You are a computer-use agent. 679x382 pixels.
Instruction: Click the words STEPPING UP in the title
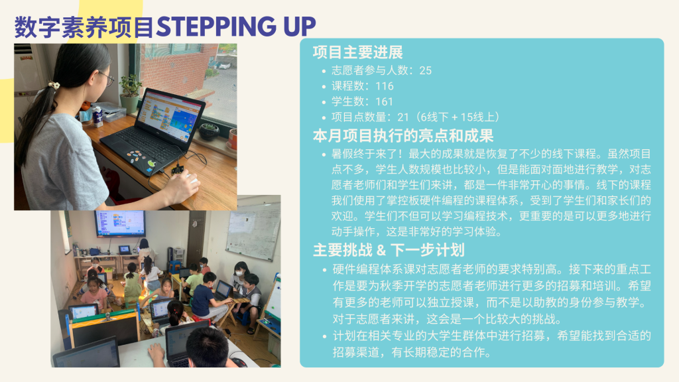[x=236, y=27]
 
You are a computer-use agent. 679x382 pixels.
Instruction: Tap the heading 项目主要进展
[x=357, y=52]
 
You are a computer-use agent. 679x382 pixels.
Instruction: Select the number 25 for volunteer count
[x=425, y=70]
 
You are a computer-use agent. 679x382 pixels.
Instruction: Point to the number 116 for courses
[x=385, y=86]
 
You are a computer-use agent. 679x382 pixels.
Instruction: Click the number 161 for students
[x=384, y=101]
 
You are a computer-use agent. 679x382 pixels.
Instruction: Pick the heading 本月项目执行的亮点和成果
[x=403, y=136]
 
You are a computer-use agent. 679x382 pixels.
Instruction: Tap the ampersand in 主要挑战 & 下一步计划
[x=381, y=250]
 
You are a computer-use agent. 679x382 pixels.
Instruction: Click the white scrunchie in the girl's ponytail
[x=53, y=85]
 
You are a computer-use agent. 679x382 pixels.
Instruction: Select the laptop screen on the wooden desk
[x=173, y=115]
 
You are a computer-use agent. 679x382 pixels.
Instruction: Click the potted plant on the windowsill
[x=131, y=93]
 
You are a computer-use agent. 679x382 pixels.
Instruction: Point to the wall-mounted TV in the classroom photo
[x=121, y=223]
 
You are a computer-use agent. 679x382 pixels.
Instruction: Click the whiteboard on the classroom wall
[x=253, y=231]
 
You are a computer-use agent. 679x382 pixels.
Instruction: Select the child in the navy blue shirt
[x=206, y=296]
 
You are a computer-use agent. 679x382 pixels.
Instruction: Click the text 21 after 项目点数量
[x=403, y=117]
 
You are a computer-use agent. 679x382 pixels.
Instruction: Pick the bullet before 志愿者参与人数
[x=324, y=71]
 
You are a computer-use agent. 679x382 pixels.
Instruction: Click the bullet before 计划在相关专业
[x=325, y=336]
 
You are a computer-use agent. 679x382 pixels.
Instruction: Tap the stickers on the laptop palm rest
[x=137, y=156]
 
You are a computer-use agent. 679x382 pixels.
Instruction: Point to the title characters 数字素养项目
[x=84, y=27]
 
